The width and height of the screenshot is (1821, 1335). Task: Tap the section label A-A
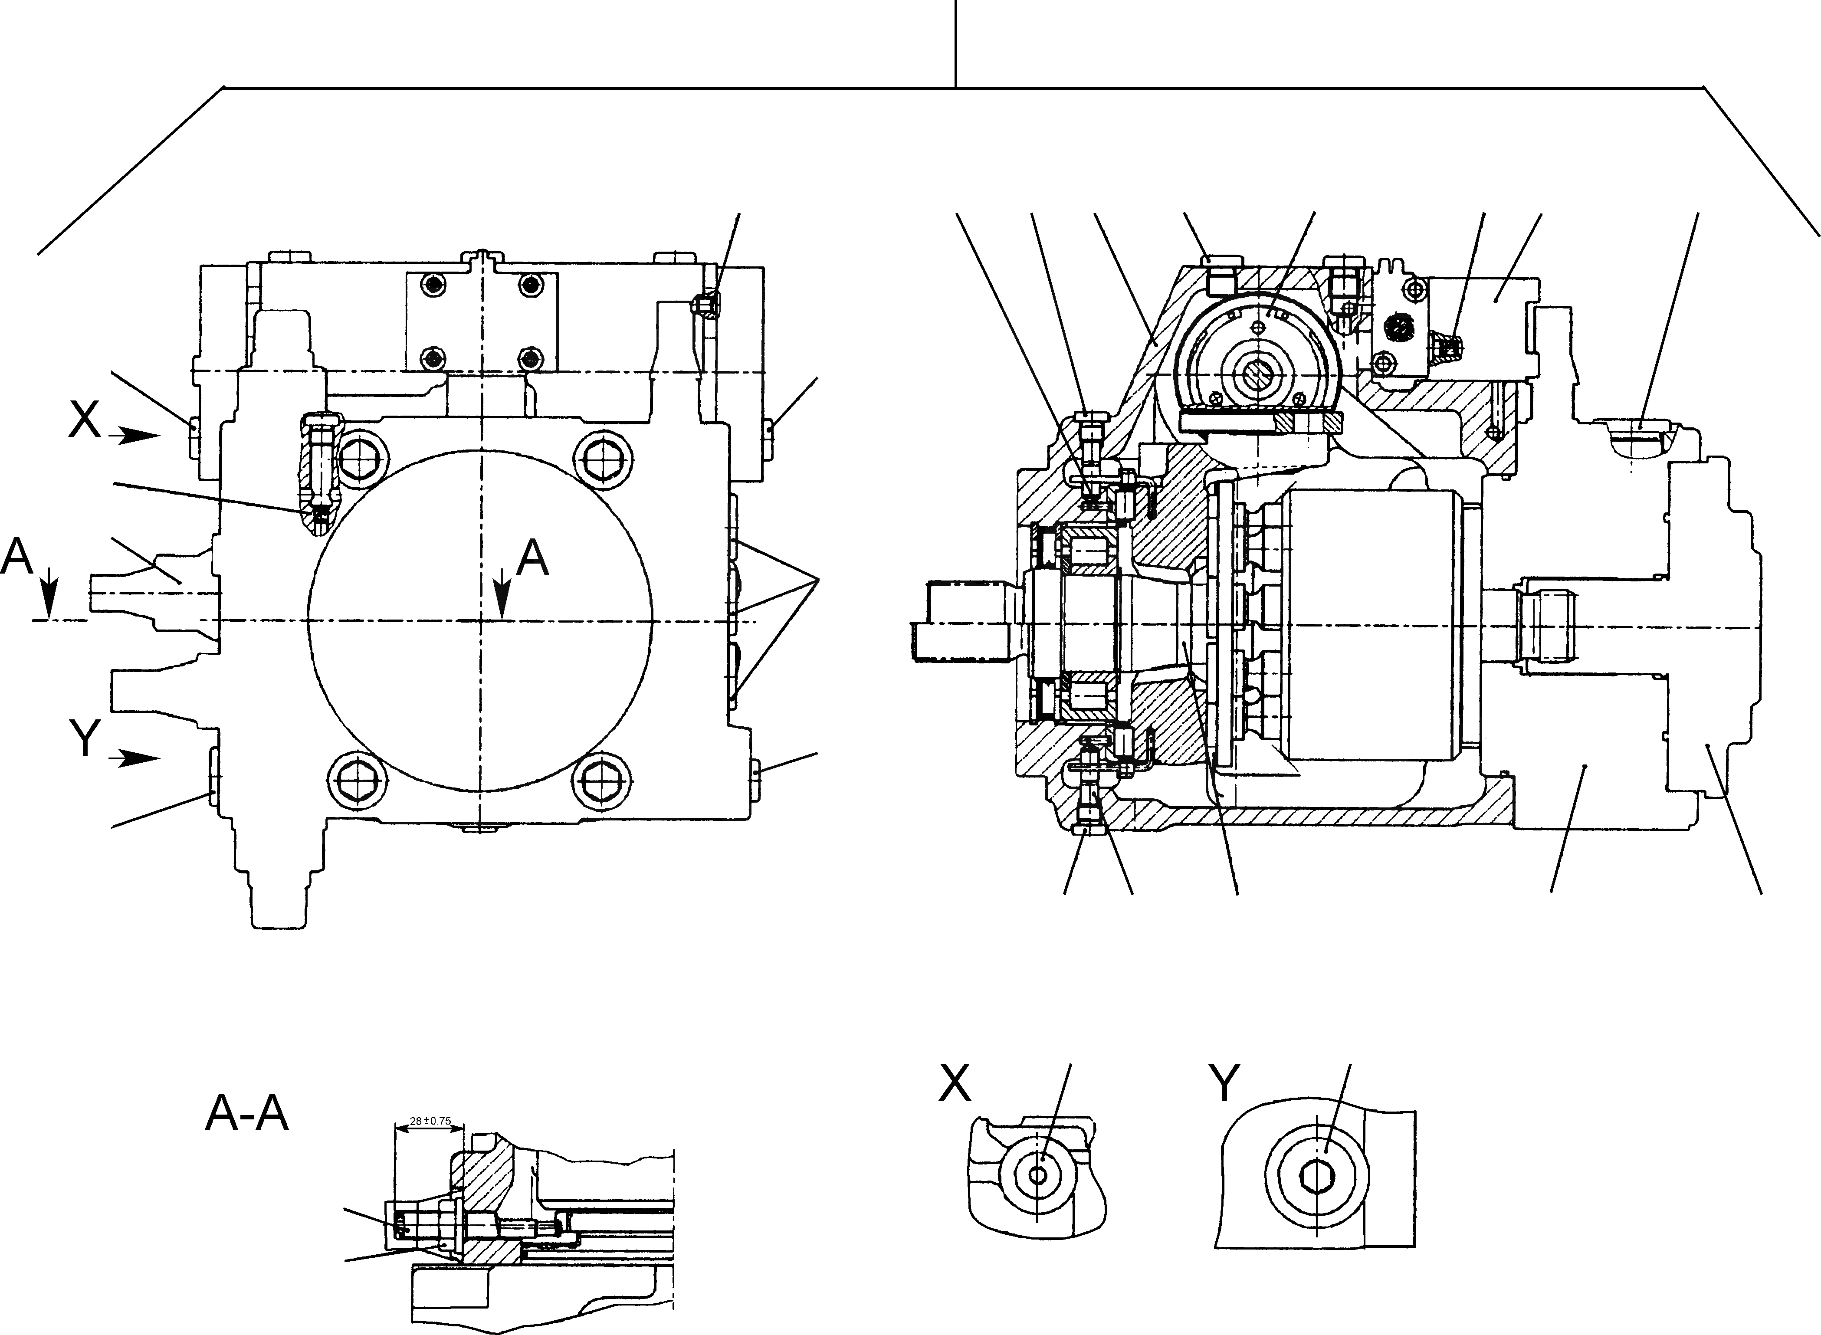tap(246, 1115)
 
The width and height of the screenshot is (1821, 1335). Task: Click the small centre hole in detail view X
tap(1040, 1176)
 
